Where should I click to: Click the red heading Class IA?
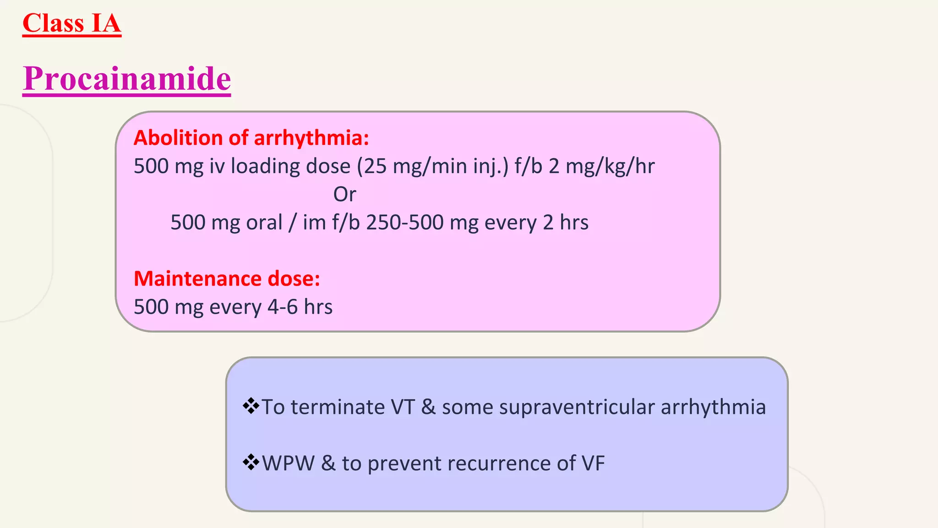[x=72, y=23]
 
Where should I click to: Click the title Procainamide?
[x=127, y=78]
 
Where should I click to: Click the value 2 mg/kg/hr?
[x=601, y=166]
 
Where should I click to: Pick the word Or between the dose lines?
[x=344, y=194]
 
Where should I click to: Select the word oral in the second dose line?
[x=264, y=223]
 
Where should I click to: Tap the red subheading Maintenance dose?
[x=227, y=279]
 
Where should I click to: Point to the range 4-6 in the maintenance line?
[x=282, y=307]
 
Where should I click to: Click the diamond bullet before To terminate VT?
[x=251, y=406]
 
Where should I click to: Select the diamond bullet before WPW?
[x=251, y=462]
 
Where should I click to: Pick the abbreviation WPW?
[x=288, y=463]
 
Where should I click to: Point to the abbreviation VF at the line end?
[x=593, y=463]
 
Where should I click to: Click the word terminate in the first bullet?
[x=338, y=407]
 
